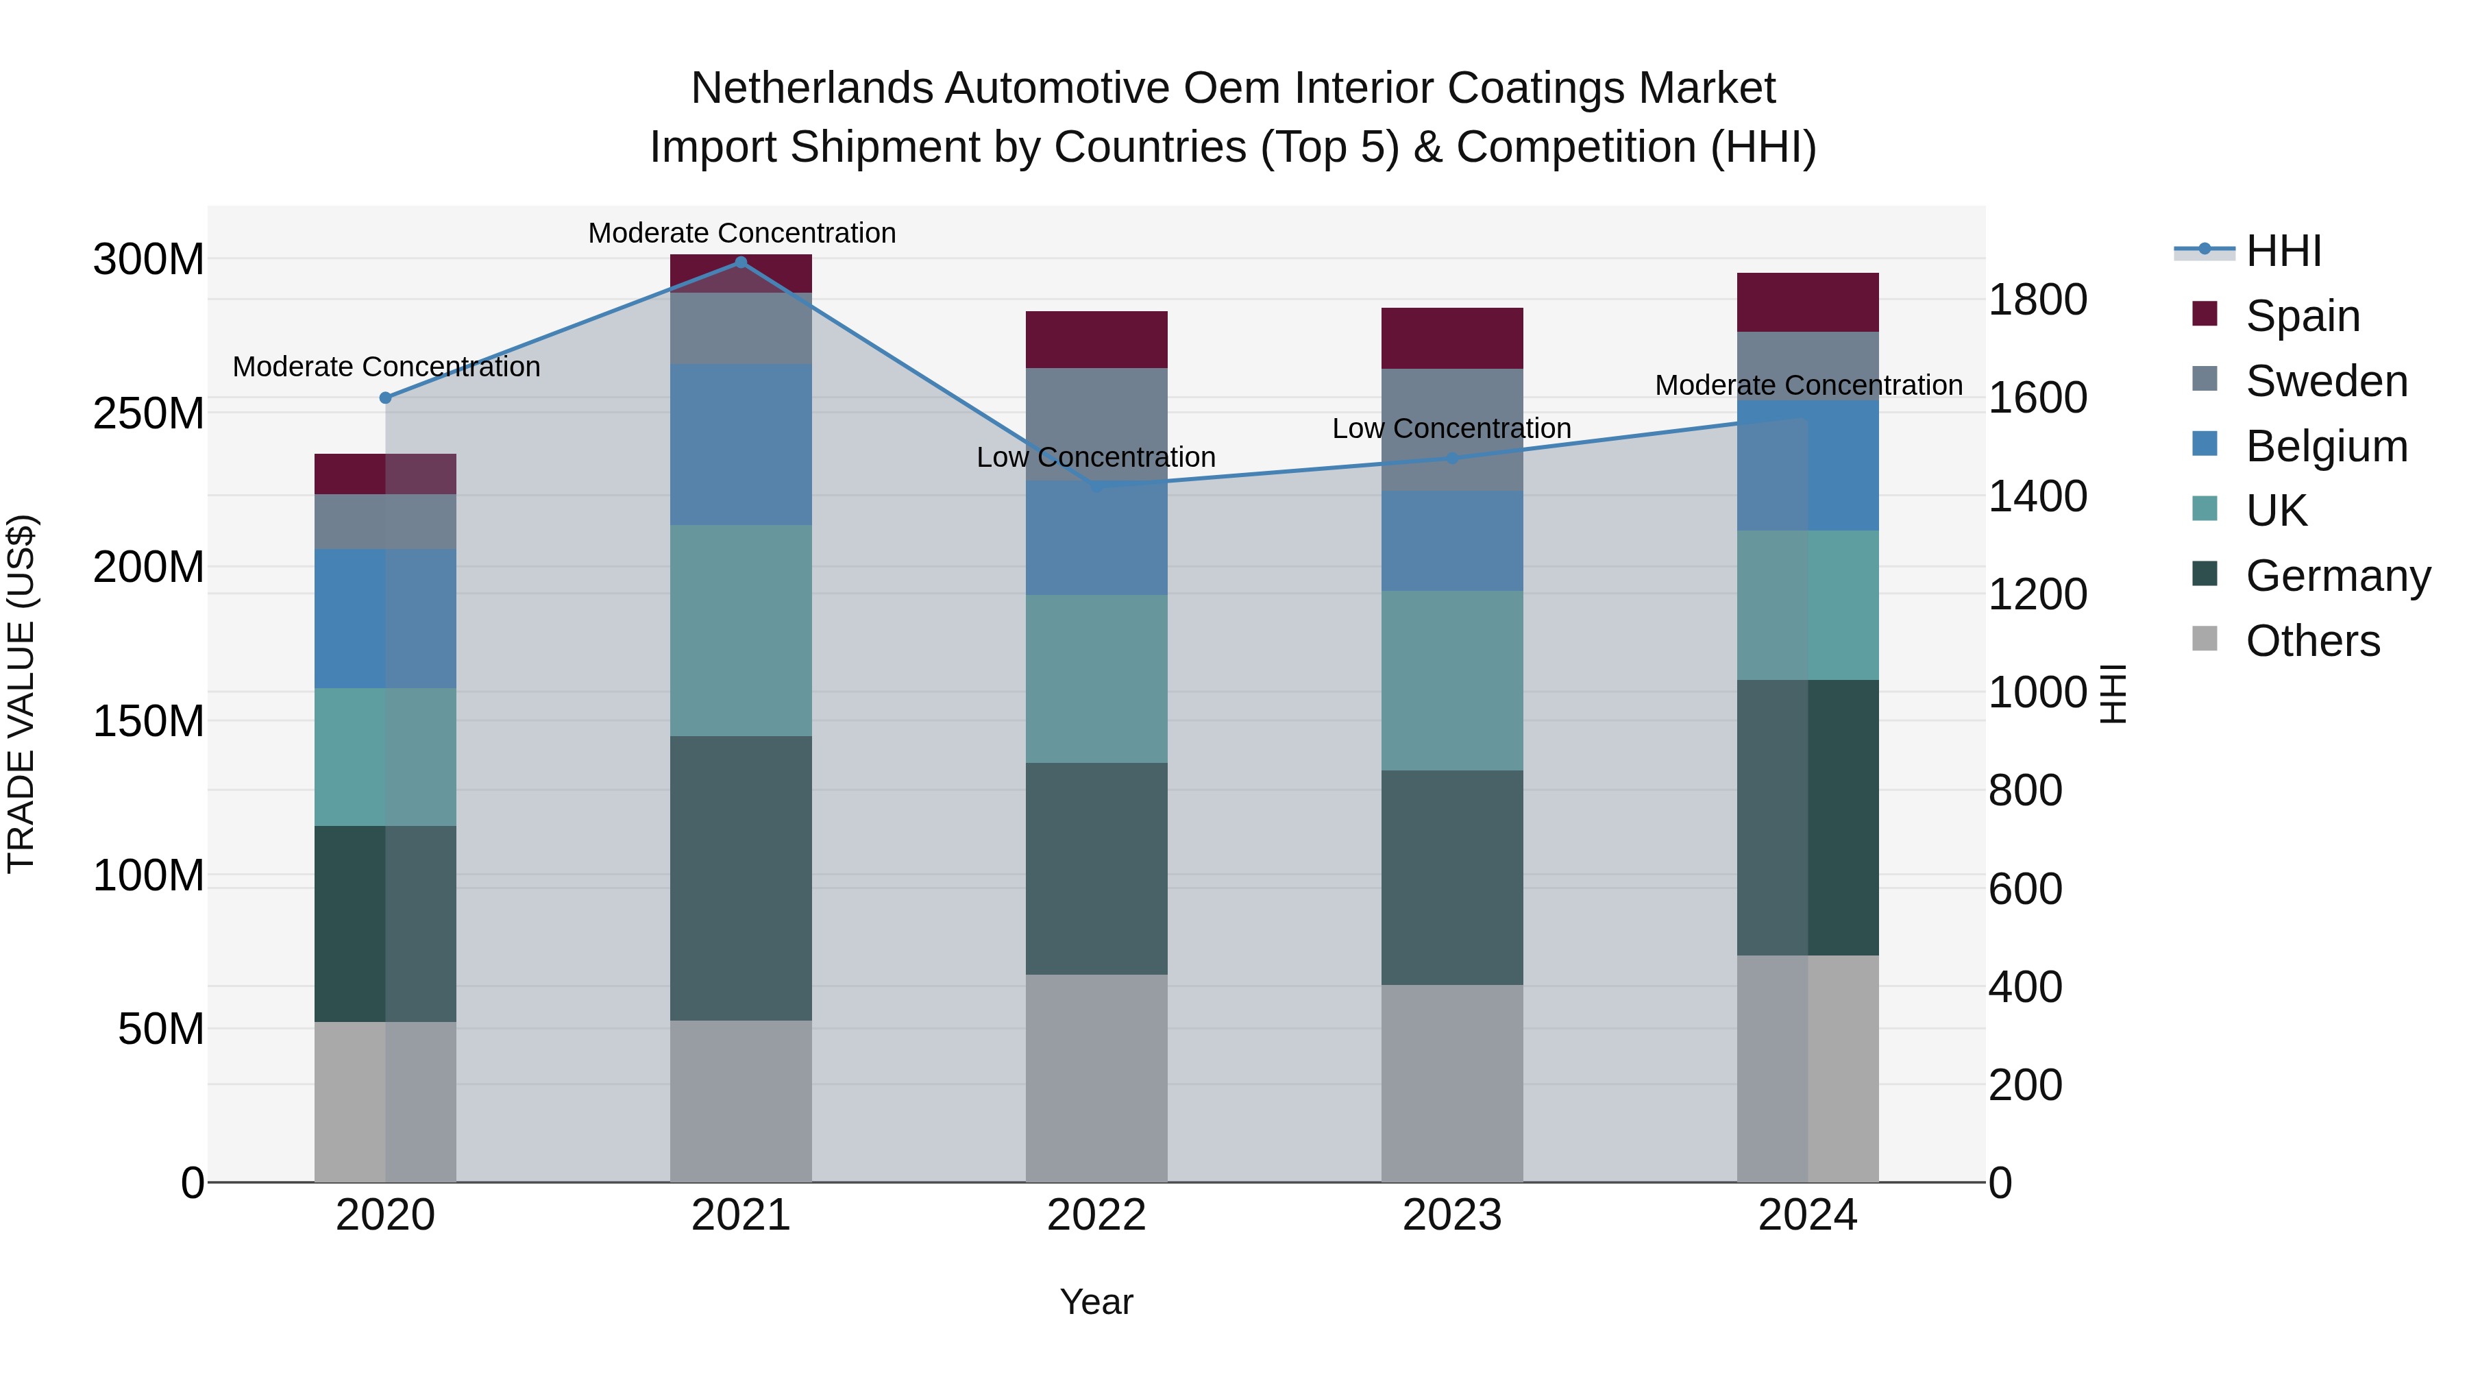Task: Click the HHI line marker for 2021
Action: coord(740,263)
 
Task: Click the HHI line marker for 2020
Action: coord(385,398)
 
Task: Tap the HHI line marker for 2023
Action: coord(1452,458)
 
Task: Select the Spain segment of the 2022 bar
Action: coord(1096,339)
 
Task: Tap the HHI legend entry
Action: coord(2283,251)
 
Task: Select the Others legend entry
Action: coord(2312,641)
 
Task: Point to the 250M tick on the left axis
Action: coord(149,414)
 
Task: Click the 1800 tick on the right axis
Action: coord(2038,300)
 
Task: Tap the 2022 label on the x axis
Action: coord(1096,1215)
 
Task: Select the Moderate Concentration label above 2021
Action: coord(741,233)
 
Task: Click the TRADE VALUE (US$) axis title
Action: coord(21,694)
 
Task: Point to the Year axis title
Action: coord(1096,1302)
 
